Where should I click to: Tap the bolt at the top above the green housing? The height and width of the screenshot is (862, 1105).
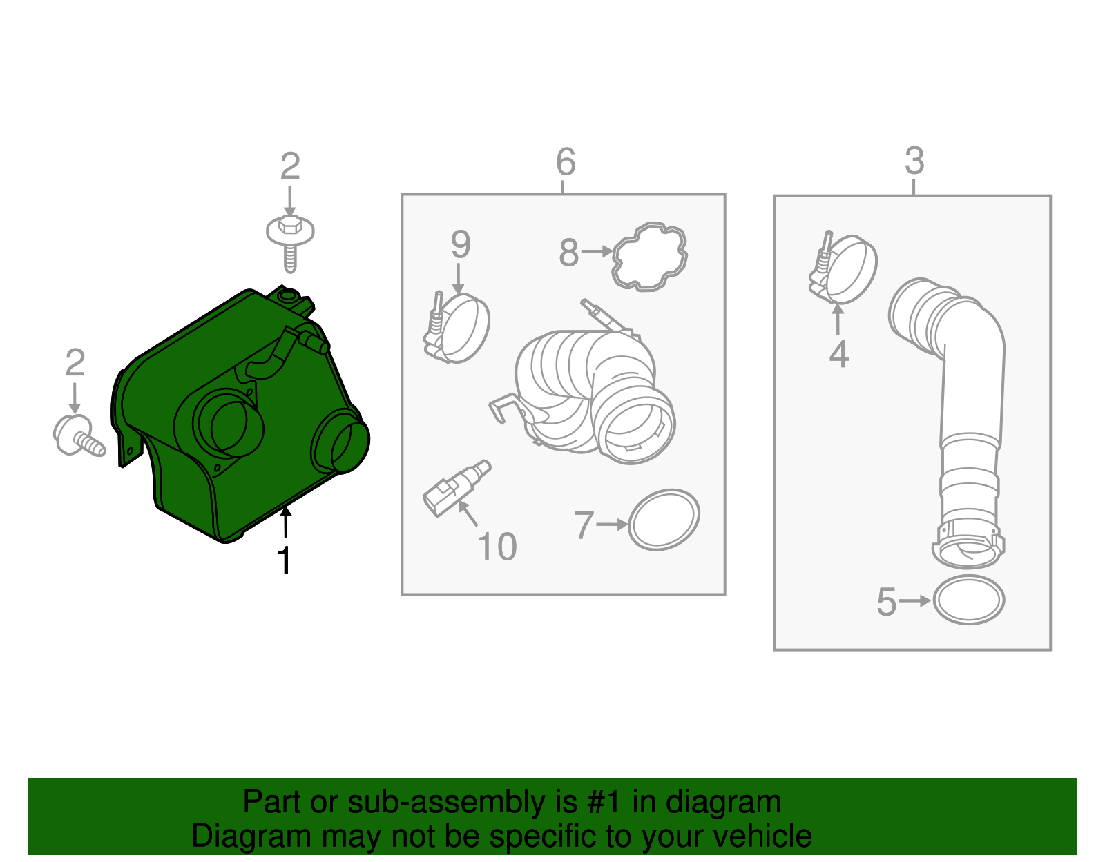[x=290, y=243]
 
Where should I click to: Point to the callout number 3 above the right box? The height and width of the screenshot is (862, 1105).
[x=914, y=161]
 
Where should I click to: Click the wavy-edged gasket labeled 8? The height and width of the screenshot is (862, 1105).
[x=650, y=257]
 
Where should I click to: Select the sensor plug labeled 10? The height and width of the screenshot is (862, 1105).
[x=456, y=488]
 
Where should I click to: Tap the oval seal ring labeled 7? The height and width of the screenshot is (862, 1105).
[x=664, y=520]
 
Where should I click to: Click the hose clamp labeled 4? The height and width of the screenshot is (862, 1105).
[x=843, y=268]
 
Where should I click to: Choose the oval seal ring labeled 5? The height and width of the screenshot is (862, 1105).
[x=969, y=600]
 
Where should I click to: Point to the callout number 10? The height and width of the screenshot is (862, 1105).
[x=497, y=547]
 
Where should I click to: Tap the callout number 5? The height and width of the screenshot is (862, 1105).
[x=886, y=603]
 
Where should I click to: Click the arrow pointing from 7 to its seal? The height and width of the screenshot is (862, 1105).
[x=613, y=525]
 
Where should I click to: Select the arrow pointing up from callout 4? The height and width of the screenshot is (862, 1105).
[x=837, y=320]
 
